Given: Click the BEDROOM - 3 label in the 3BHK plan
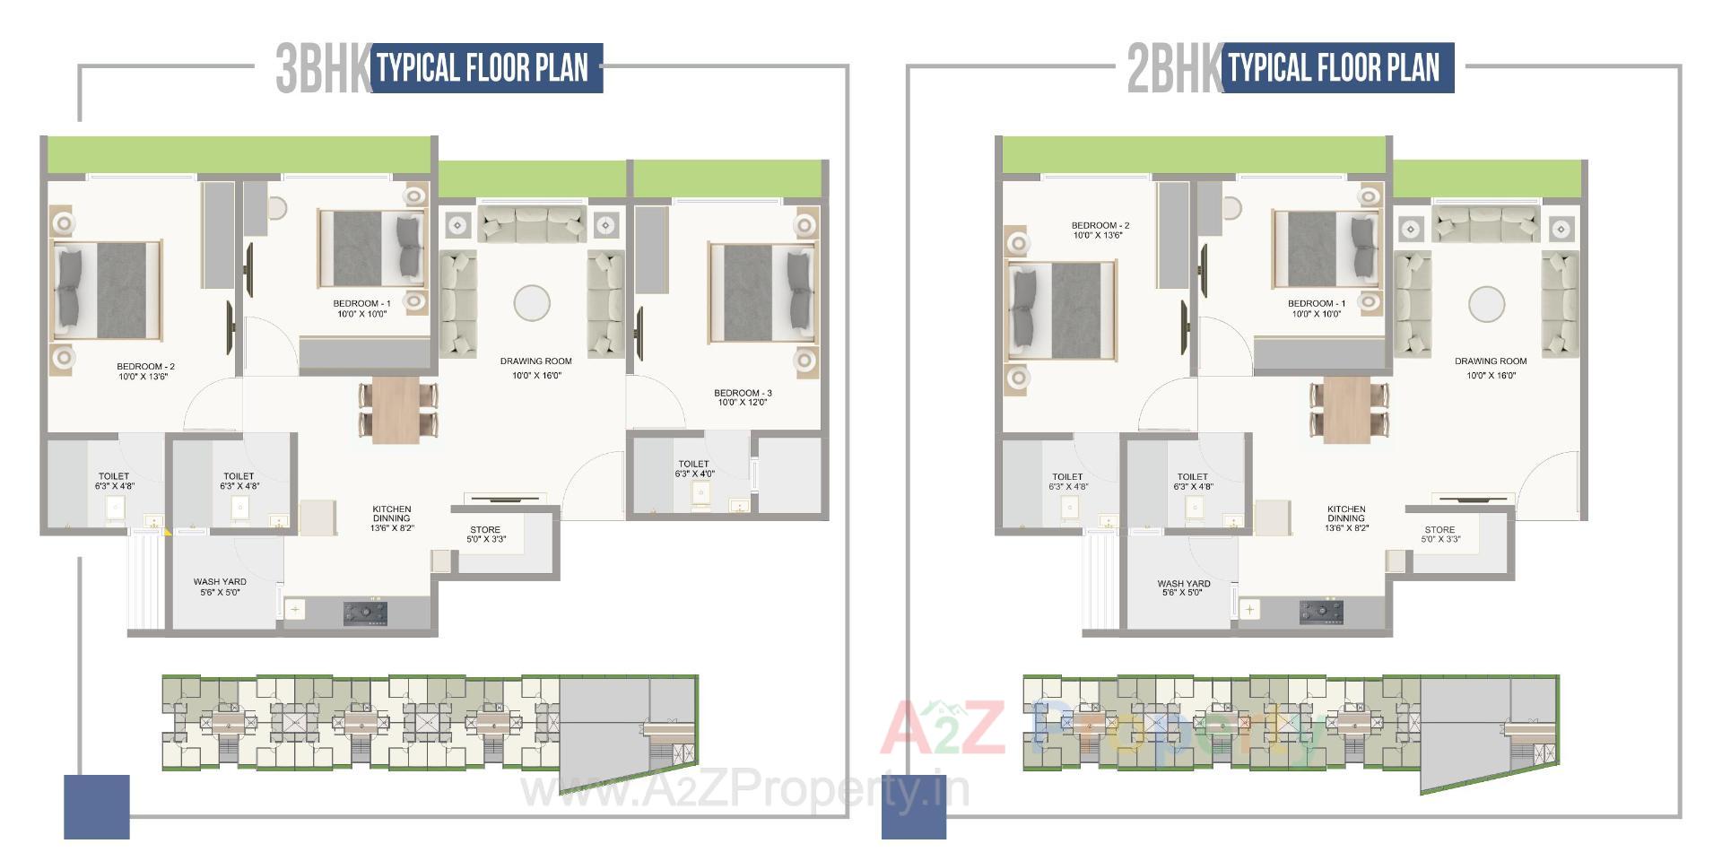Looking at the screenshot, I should tap(742, 393).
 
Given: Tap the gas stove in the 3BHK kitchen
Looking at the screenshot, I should tap(366, 613).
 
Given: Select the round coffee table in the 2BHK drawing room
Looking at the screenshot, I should tap(1486, 304).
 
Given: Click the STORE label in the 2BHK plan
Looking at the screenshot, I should tap(1439, 530).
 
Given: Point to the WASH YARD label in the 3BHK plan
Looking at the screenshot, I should tap(220, 582).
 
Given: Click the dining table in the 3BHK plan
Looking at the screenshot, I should tap(396, 410).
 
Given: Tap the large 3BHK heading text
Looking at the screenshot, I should tap(322, 68).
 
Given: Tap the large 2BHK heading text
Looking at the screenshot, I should tap(1173, 68).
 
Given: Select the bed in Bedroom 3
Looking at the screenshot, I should tap(762, 291).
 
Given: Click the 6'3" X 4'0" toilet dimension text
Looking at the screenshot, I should tap(694, 474).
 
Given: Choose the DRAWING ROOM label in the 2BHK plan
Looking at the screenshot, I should tap(1490, 361).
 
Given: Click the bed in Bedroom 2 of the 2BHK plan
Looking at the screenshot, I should tap(1063, 310).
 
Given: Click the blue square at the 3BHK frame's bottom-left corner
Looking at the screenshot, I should tap(97, 806).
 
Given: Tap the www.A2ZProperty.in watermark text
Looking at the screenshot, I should tap(744, 790).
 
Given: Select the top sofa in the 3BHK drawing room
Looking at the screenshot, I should tap(532, 222).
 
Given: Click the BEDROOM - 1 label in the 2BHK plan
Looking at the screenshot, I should tap(1316, 304).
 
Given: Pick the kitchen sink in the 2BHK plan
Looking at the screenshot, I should tap(1249, 610).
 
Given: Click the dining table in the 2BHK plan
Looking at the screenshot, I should tap(1347, 410).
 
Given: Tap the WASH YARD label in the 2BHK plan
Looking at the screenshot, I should tap(1184, 584).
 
